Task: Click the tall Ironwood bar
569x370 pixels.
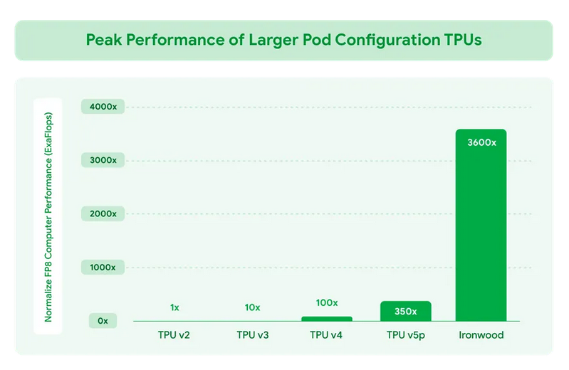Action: pos(481,228)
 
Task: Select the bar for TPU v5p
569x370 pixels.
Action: pos(405,311)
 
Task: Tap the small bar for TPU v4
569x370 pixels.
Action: pos(327,318)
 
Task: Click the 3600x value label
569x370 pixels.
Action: pos(481,142)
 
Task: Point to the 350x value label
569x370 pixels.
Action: pos(405,311)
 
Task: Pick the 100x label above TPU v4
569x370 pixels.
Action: pos(327,302)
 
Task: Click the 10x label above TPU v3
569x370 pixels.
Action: pos(253,307)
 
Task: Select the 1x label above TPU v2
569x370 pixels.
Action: pos(174,307)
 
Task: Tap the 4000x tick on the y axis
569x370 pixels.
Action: pos(108,107)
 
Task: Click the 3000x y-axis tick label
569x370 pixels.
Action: pos(108,160)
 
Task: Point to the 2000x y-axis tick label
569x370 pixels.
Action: pos(108,213)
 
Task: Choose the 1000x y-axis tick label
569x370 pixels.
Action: pos(108,267)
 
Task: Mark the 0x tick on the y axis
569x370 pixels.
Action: pos(103,321)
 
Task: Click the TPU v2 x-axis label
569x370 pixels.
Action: pos(174,334)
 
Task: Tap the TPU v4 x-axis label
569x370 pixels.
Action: pos(327,334)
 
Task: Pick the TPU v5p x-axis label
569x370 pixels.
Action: pos(405,334)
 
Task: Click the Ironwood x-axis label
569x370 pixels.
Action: pos(481,334)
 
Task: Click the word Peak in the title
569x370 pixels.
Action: pos(103,40)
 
